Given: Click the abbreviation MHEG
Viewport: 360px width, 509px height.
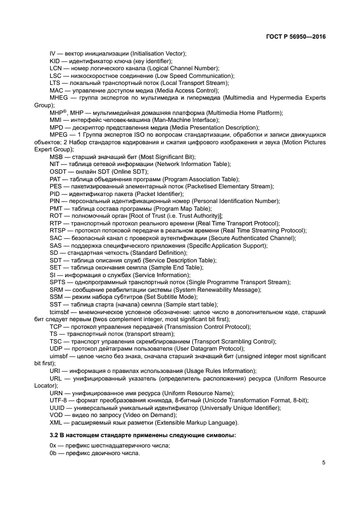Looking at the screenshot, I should point(59,97).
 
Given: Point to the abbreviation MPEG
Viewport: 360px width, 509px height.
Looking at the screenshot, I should point(59,134).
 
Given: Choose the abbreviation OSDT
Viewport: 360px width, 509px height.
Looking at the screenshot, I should point(58,171).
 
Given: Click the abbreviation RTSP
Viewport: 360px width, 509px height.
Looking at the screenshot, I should point(58,230).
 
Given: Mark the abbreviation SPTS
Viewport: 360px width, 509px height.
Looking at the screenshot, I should point(58,282).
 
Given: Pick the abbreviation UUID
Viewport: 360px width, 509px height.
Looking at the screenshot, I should point(57,408).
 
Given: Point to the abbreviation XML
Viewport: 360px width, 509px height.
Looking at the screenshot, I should point(56,423).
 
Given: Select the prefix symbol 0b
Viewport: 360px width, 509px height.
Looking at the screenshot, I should point(53,453).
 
